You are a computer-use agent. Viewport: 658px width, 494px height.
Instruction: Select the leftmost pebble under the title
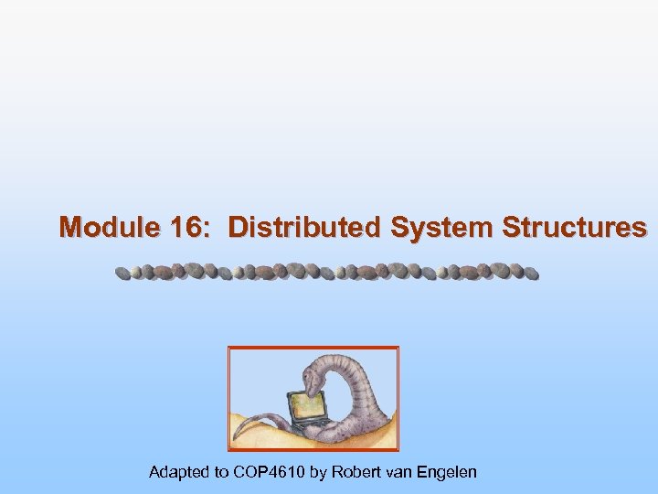tap(121, 273)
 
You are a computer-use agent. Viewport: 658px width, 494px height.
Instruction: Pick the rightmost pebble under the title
tap(532, 273)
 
